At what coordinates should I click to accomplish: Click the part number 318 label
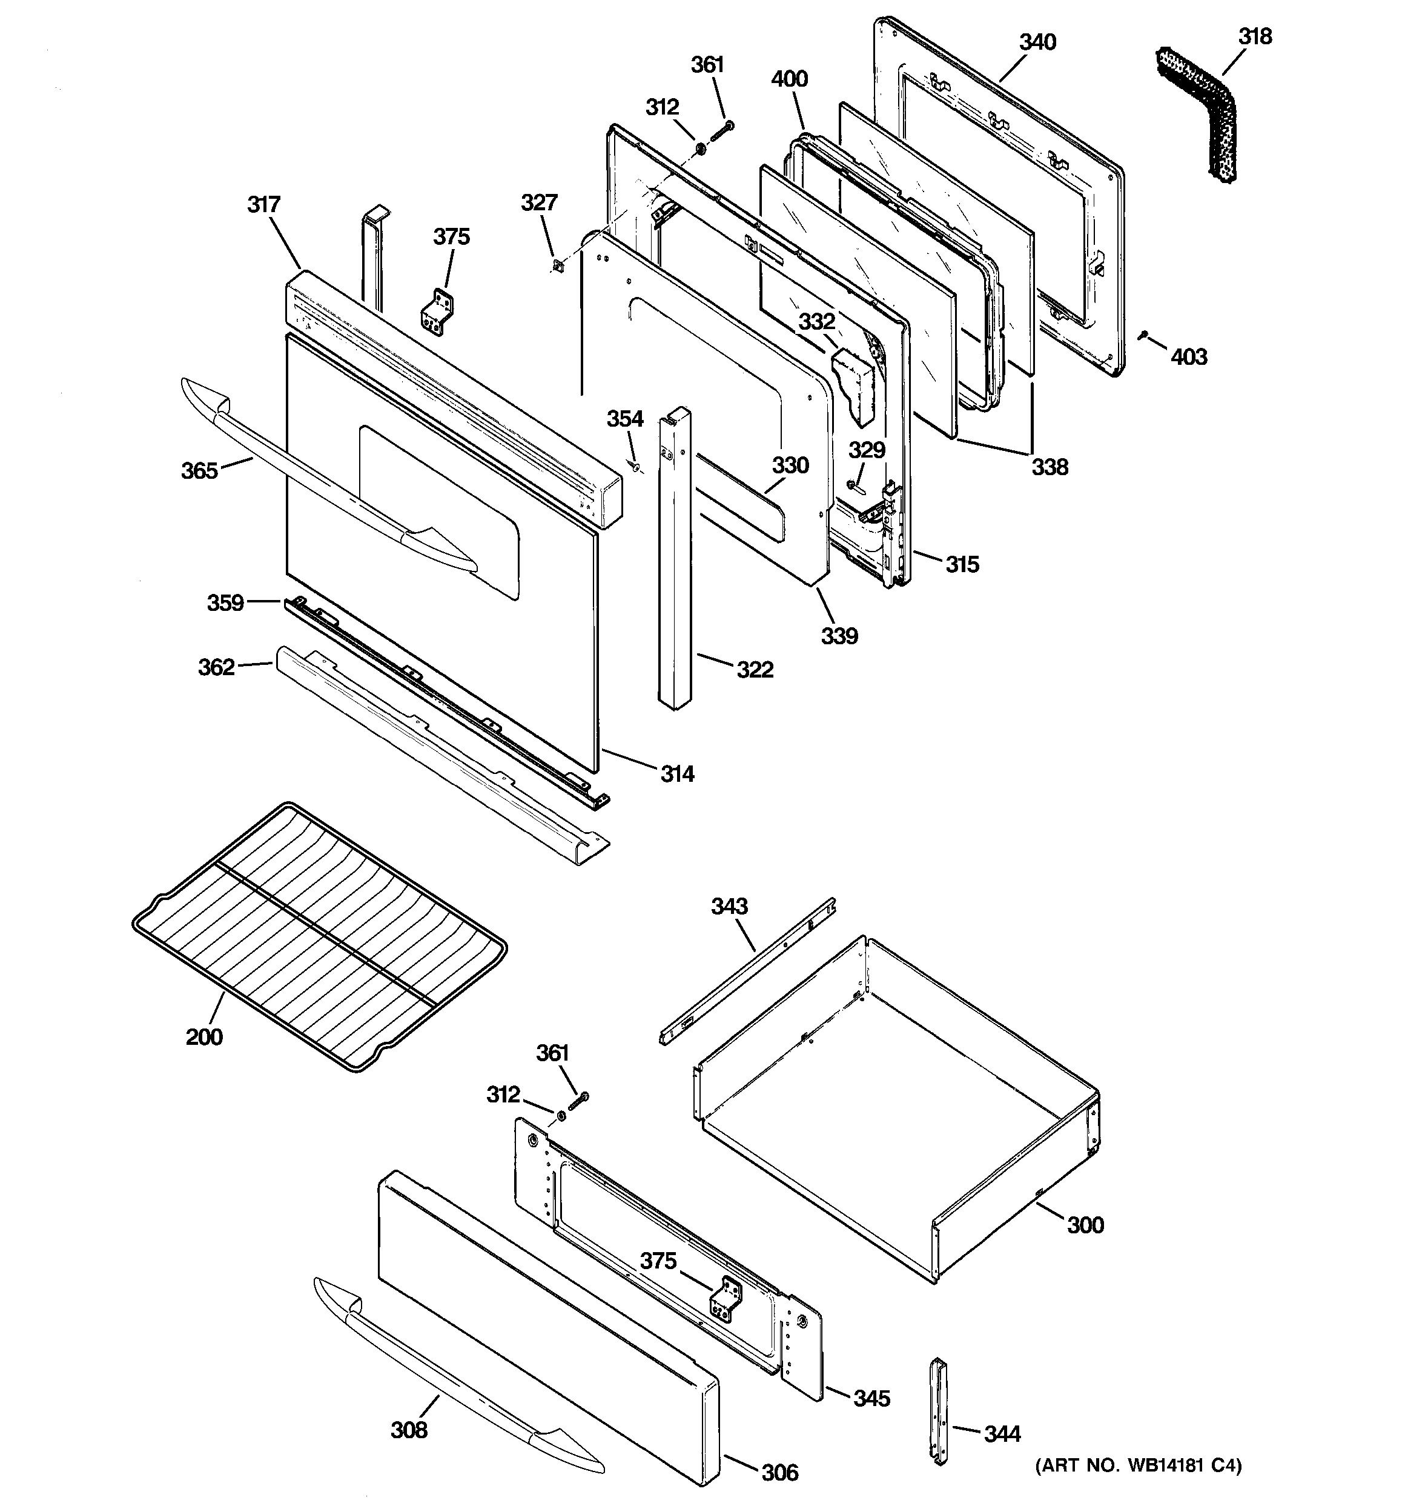[1255, 36]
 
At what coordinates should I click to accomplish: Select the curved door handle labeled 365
[324, 484]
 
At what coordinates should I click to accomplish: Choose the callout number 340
[1038, 42]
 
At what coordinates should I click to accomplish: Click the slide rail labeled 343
[747, 970]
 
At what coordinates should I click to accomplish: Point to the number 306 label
[780, 1472]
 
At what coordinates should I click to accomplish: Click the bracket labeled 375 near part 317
[437, 312]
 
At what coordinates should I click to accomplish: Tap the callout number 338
[1050, 467]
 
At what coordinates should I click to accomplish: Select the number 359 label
[225, 602]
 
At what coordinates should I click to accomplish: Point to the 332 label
[817, 321]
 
